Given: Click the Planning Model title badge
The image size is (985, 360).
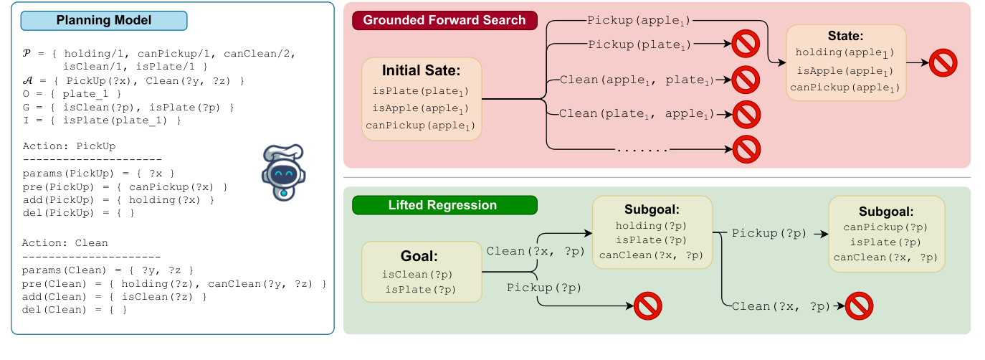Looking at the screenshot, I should coord(104,20).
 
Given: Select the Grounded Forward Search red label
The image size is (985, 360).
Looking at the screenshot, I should coord(444,20).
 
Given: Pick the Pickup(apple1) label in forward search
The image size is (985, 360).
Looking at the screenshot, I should coord(639,21).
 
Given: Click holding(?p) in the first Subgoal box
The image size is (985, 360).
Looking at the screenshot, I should coord(652,225).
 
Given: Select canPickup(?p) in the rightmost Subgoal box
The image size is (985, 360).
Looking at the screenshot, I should coord(886,228).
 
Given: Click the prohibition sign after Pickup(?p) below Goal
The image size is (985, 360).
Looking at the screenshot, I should coord(647,306).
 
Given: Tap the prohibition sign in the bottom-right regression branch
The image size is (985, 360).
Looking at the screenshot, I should coord(859,306).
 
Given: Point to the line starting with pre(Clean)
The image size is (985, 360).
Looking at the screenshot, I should coord(174,285).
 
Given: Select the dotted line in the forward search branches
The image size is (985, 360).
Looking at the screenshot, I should coord(643,151).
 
